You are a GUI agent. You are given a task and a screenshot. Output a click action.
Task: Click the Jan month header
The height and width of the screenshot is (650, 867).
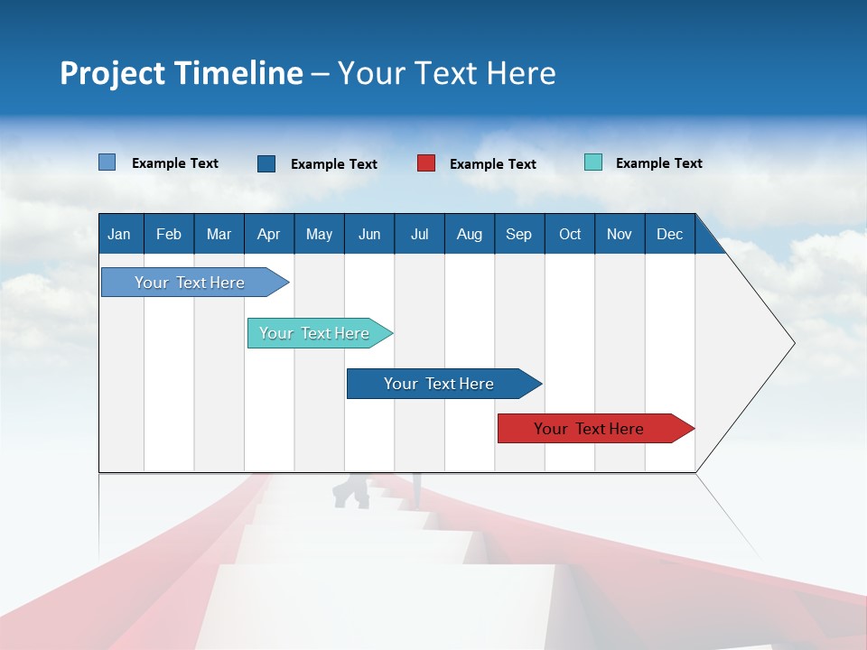119,234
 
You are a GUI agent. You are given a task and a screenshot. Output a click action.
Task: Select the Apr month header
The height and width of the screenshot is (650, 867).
268,234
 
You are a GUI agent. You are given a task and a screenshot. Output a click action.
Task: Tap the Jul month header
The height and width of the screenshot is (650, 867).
419,234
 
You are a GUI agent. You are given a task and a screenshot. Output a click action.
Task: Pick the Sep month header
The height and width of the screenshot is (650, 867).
518,234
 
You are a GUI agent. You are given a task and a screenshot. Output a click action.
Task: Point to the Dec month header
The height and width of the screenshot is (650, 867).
669,234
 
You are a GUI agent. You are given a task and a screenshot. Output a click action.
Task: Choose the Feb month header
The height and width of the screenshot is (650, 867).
169,234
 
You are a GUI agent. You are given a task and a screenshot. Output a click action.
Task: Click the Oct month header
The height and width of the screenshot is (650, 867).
570,234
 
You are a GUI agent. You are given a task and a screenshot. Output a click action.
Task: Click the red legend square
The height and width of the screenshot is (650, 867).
426,163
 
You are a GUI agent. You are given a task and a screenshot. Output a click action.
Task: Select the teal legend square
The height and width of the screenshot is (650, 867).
593,162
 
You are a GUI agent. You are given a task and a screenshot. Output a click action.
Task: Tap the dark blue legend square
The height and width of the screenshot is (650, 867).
266,163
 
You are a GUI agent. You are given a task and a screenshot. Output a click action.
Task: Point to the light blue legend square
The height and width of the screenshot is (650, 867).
107,162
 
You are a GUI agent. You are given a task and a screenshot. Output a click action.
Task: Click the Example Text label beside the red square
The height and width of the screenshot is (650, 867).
492,164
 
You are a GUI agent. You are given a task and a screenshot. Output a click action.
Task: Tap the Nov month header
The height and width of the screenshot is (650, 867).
620,234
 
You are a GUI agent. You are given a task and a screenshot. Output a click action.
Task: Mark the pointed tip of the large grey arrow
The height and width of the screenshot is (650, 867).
794,343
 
